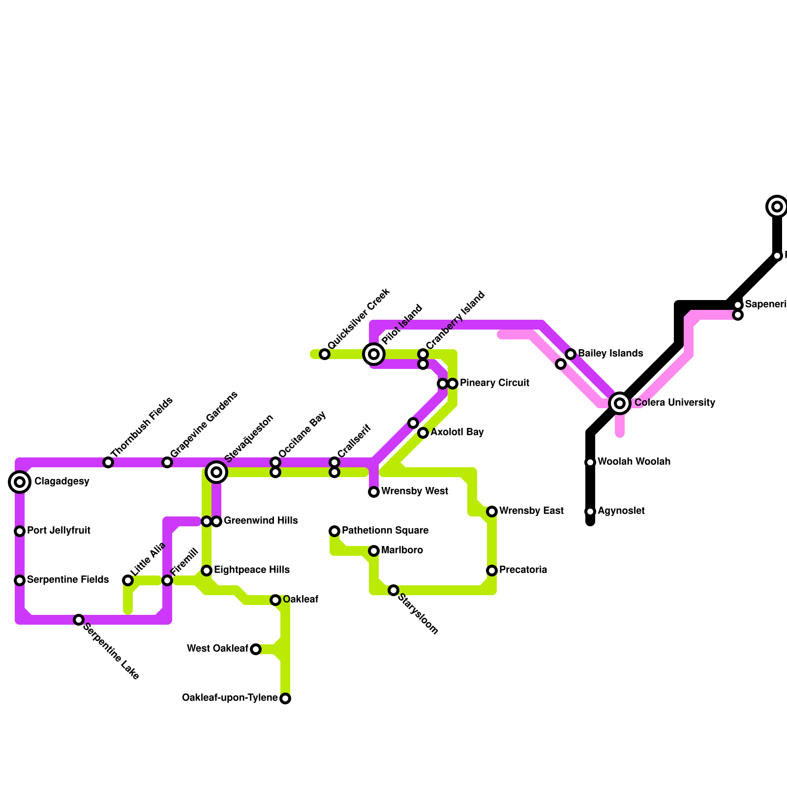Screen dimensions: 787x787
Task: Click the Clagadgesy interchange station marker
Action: [20, 482]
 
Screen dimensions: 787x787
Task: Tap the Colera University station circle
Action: [620, 403]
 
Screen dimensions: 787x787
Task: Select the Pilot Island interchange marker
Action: [374, 354]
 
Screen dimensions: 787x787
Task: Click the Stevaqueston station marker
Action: [216, 472]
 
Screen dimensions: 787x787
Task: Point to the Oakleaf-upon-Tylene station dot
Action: [285, 698]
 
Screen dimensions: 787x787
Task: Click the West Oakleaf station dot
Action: [256, 649]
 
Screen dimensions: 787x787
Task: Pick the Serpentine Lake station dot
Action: [79, 620]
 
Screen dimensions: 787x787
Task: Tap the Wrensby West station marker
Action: [374, 492]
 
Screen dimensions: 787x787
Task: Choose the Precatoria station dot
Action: [492, 571]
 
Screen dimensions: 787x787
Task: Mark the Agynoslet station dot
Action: [590, 512]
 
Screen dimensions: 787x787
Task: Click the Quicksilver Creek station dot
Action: [325, 354]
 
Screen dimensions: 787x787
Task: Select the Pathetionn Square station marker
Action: [334, 531]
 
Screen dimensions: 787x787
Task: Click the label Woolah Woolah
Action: [634, 462]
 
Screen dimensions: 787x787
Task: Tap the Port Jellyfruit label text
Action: [59, 531]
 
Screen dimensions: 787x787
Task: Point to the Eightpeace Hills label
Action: [252, 570]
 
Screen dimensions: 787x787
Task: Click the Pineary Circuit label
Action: [494, 383]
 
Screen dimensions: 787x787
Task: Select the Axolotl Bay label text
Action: [457, 432]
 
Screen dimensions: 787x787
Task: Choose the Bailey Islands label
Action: [610, 353]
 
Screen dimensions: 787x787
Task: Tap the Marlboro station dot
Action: [374, 551]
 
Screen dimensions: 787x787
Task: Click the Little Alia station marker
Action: [128, 580]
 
